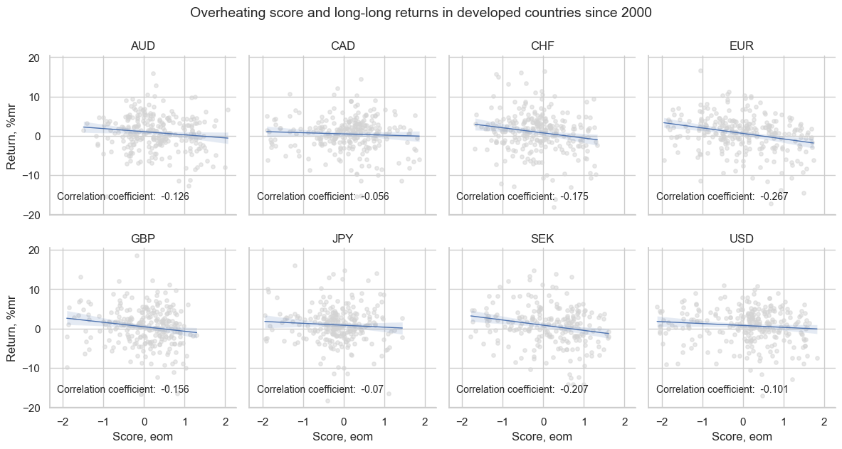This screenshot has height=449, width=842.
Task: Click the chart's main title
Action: click(421, 13)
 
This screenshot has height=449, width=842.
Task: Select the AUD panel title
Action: click(143, 46)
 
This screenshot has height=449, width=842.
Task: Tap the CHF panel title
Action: click(542, 46)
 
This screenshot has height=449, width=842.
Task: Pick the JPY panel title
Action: click(343, 239)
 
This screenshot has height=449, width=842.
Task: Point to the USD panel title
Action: click(742, 239)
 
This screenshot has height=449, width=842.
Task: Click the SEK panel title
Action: click(542, 239)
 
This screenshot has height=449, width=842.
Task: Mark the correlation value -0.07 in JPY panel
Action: click(372, 389)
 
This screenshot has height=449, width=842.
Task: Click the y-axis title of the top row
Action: click(12, 136)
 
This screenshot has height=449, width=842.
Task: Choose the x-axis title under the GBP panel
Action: click(143, 437)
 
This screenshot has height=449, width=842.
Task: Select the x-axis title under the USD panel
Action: click(742, 437)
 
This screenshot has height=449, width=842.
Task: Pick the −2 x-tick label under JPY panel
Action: click(260, 423)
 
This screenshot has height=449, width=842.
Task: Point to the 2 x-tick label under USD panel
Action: click(824, 423)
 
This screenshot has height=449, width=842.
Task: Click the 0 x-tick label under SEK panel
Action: click(543, 423)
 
